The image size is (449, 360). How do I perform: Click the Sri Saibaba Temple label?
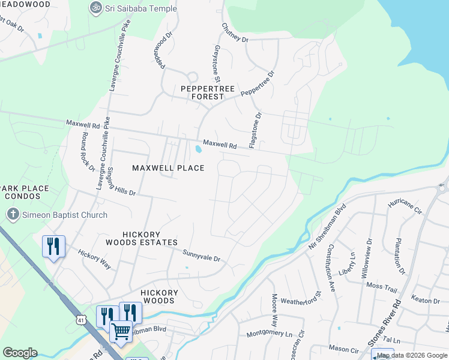coord(142,8)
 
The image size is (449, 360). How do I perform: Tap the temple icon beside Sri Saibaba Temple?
coord(95,8)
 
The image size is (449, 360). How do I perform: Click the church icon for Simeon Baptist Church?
coord(12,214)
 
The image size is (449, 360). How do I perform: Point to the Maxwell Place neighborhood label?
coord(168,168)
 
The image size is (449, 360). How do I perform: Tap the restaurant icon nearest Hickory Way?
coord(53,245)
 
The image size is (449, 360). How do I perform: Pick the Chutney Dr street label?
coord(234,32)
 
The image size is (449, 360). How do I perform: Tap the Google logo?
coord(20,353)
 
